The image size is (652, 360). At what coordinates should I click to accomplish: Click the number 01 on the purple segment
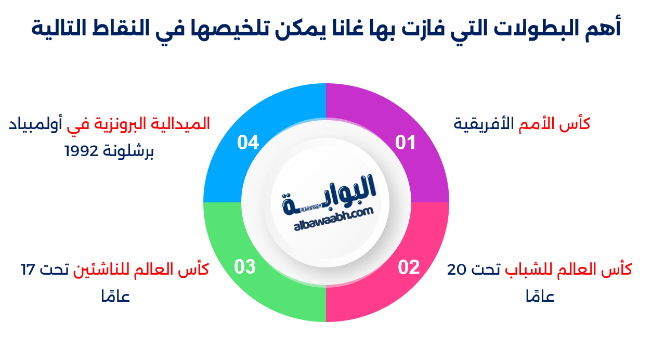[406, 142]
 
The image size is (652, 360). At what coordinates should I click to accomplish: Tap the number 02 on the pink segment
[409, 267]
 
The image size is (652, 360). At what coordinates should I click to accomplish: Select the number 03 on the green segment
[245, 267]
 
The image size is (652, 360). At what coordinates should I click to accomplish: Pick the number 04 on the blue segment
[248, 142]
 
